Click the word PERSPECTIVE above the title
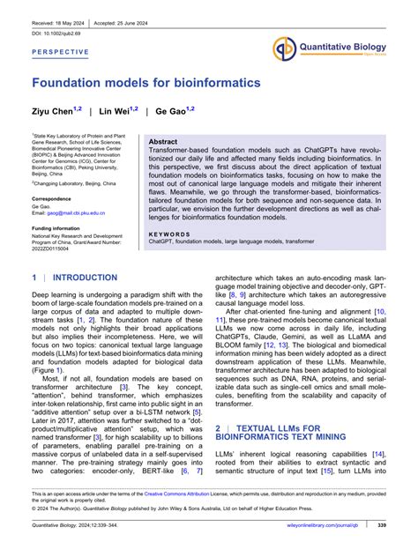coord(61,52)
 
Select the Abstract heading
coord(162,141)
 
